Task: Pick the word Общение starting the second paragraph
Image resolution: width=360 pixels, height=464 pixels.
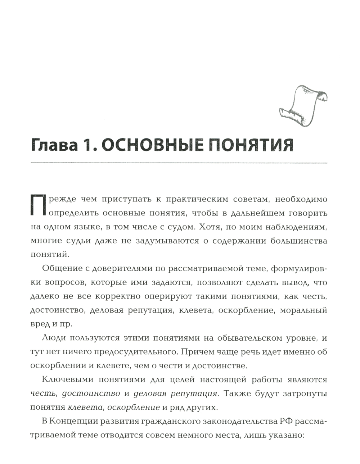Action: [x=59, y=268]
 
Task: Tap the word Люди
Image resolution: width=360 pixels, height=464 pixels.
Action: [x=53, y=338]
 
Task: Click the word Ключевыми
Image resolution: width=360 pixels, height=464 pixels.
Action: [x=65, y=379]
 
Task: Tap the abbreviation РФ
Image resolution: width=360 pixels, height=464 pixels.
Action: [x=287, y=421]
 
